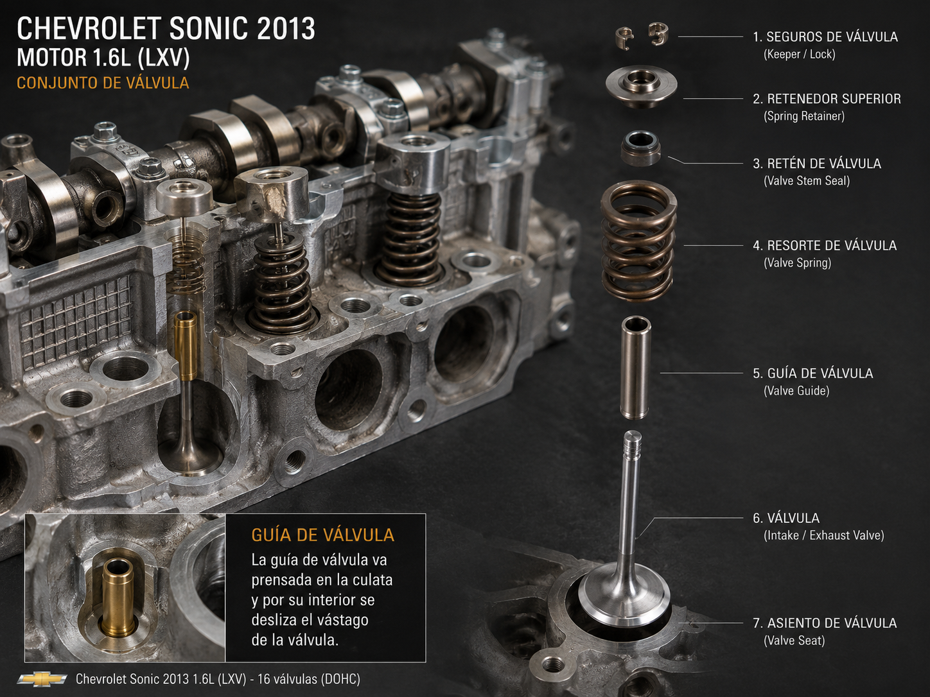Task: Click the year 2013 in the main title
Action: tap(286, 29)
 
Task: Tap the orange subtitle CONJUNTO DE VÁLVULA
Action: tap(103, 83)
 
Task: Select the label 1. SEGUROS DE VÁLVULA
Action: tap(825, 37)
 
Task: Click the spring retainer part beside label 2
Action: tap(641, 87)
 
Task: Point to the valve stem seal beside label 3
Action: tap(640, 148)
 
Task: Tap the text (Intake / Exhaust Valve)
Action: tap(823, 535)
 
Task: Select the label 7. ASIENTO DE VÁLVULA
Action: tap(825, 623)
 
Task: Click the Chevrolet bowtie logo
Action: tap(42, 679)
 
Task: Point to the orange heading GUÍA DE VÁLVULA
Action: tap(323, 535)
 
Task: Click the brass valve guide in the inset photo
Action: tap(118, 598)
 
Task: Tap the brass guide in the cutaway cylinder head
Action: tap(185, 346)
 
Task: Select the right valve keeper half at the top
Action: tap(658, 34)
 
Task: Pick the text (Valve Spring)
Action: tap(798, 262)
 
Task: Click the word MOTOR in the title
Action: tap(51, 58)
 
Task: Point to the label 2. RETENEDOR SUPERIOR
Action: tap(827, 99)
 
